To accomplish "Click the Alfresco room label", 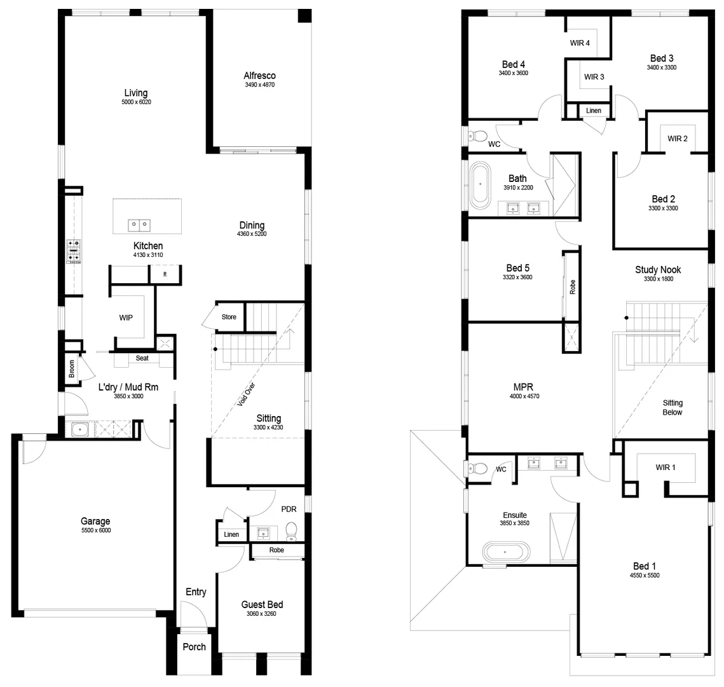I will click(259, 76).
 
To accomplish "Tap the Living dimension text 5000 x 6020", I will click(137, 102).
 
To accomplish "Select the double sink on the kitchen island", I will click(139, 225).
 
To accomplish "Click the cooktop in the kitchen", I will click(73, 251).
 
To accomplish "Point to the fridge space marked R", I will click(165, 275).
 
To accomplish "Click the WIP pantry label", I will click(126, 317).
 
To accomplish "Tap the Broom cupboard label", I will click(72, 369).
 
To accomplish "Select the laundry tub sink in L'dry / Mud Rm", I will click(79, 430).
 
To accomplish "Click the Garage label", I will click(95, 522).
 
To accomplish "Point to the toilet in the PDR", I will click(291, 530).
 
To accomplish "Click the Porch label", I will click(194, 647).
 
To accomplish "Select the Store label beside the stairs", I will click(229, 317).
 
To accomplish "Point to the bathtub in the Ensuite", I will click(505, 552).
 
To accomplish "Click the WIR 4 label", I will click(580, 43).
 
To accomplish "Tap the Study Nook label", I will click(657, 270).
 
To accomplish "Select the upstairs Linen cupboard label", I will click(593, 111).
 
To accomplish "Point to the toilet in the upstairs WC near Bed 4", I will click(478, 135).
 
